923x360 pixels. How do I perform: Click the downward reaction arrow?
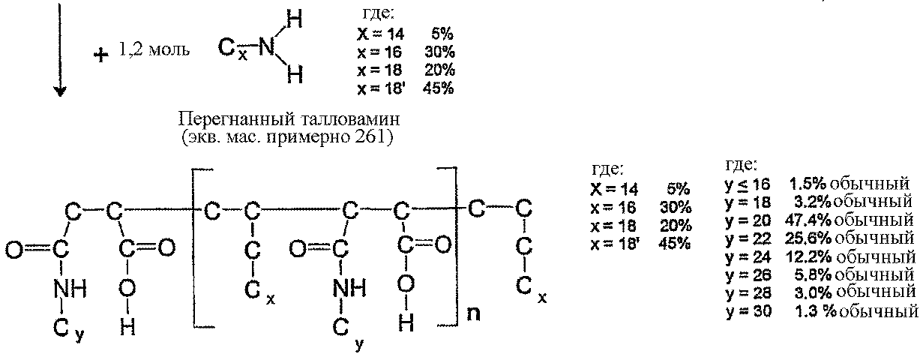point(60,49)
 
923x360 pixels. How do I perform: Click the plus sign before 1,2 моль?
point(101,55)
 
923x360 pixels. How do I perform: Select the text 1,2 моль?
point(154,49)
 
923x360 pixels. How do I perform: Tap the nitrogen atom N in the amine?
point(267,46)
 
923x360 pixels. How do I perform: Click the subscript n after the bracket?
point(473,313)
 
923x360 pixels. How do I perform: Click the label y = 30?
point(748,311)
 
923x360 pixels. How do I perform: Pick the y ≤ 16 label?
point(747,184)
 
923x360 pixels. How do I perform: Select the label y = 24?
point(748,257)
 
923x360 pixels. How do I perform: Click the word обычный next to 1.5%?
point(869,184)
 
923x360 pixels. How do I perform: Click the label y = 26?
point(748,275)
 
